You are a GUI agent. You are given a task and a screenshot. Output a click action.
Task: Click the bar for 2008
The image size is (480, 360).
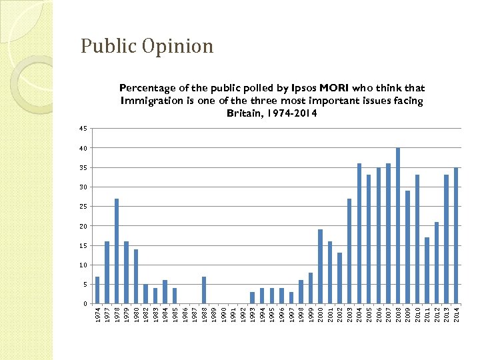pos(398,225)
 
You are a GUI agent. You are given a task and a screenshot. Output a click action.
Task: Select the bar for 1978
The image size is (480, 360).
pos(117,251)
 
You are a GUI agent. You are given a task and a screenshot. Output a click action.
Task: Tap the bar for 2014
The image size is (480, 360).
pos(456,235)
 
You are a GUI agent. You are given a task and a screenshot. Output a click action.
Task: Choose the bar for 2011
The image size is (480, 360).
pos(427,270)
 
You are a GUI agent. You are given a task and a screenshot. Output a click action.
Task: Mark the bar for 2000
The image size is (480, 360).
pos(320,267)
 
